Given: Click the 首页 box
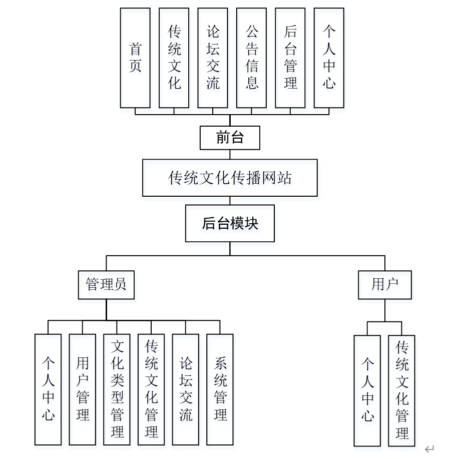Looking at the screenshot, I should (135, 58).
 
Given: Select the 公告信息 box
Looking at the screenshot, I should (251, 58).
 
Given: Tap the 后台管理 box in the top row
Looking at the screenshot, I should (290, 58).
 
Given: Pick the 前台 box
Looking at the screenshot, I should (230, 138).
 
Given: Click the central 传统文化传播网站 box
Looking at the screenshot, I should (230, 178).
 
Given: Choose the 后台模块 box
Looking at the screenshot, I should (230, 223).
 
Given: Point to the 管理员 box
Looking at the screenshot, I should (106, 285).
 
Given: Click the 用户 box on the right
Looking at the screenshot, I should (385, 285).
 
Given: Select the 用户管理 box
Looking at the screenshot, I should (83, 389).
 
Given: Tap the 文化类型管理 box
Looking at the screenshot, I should (117, 389).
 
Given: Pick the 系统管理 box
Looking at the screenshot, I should (220, 389).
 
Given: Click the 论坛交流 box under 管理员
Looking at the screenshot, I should (186, 389).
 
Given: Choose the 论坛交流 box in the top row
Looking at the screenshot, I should (213, 58).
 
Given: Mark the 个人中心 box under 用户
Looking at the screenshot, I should (367, 390).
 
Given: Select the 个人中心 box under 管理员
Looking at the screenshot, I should (48, 389).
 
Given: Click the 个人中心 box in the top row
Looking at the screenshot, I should (329, 58).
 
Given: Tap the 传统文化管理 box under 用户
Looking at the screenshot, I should (402, 390).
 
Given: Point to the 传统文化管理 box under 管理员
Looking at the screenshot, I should (151, 389).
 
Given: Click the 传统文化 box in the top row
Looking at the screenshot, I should (174, 58).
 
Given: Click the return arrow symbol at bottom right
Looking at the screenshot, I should (429, 449).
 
